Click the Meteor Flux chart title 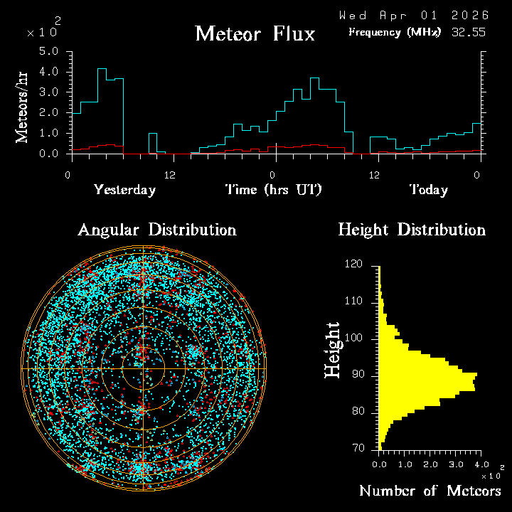pyautogui.click(x=255, y=33)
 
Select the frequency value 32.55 pyautogui.click(x=469, y=32)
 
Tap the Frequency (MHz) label pyautogui.click(x=394, y=32)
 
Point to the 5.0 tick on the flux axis pyautogui.click(x=48, y=52)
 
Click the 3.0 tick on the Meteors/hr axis pyautogui.click(x=48, y=92)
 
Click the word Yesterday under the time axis pyautogui.click(x=124, y=190)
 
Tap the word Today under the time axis pyautogui.click(x=428, y=190)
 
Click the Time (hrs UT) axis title pyautogui.click(x=274, y=190)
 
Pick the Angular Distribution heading pyautogui.click(x=156, y=230)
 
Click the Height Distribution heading pyautogui.click(x=412, y=230)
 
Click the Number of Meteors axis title pyautogui.click(x=430, y=491)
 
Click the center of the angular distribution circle pyautogui.click(x=143, y=369)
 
